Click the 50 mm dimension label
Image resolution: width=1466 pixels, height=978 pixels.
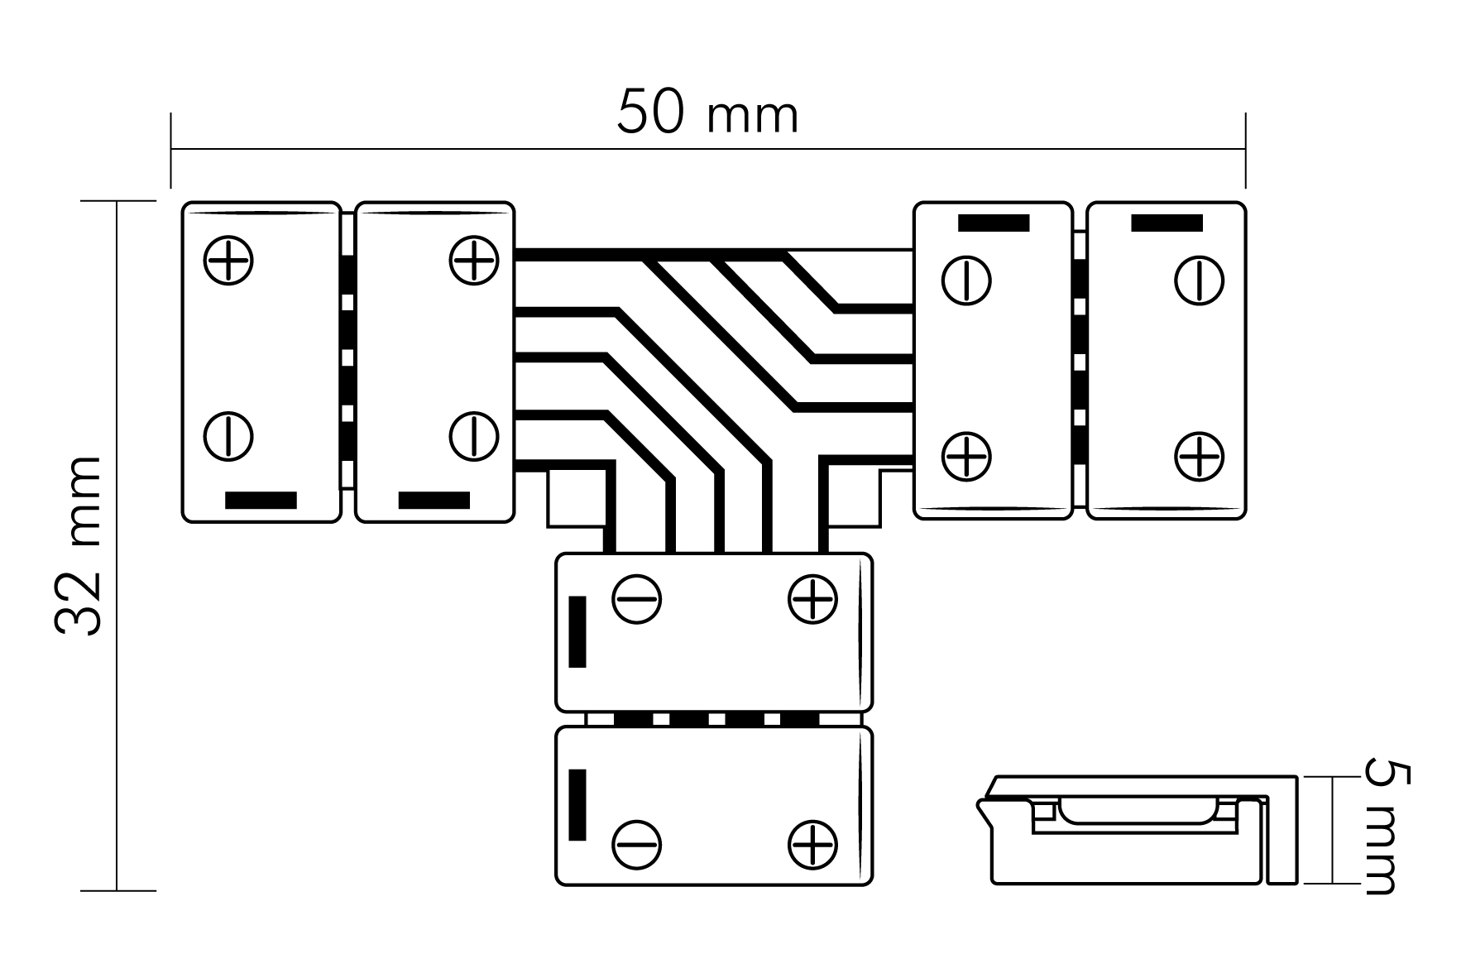[707, 113]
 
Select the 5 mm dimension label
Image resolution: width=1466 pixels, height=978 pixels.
[1382, 828]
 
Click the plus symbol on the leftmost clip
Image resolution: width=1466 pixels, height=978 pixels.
[228, 261]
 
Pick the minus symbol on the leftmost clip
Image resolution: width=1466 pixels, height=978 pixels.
[228, 435]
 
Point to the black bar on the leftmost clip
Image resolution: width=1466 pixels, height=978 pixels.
[261, 501]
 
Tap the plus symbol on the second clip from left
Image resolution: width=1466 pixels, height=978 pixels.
[474, 261]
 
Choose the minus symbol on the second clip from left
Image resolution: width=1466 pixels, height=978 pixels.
[474, 435]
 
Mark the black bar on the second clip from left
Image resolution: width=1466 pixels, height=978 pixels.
[434, 501]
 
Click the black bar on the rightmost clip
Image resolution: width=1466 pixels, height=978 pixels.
[1167, 223]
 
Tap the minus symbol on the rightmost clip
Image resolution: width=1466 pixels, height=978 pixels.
[1200, 280]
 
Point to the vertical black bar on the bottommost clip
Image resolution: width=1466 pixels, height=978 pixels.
[578, 805]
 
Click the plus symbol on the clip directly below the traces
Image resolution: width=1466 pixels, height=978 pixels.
[813, 598]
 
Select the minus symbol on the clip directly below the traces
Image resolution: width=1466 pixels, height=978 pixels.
[637, 598]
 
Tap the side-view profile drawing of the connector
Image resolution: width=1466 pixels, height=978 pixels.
[1138, 830]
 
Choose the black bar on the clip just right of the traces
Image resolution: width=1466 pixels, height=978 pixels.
[994, 223]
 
